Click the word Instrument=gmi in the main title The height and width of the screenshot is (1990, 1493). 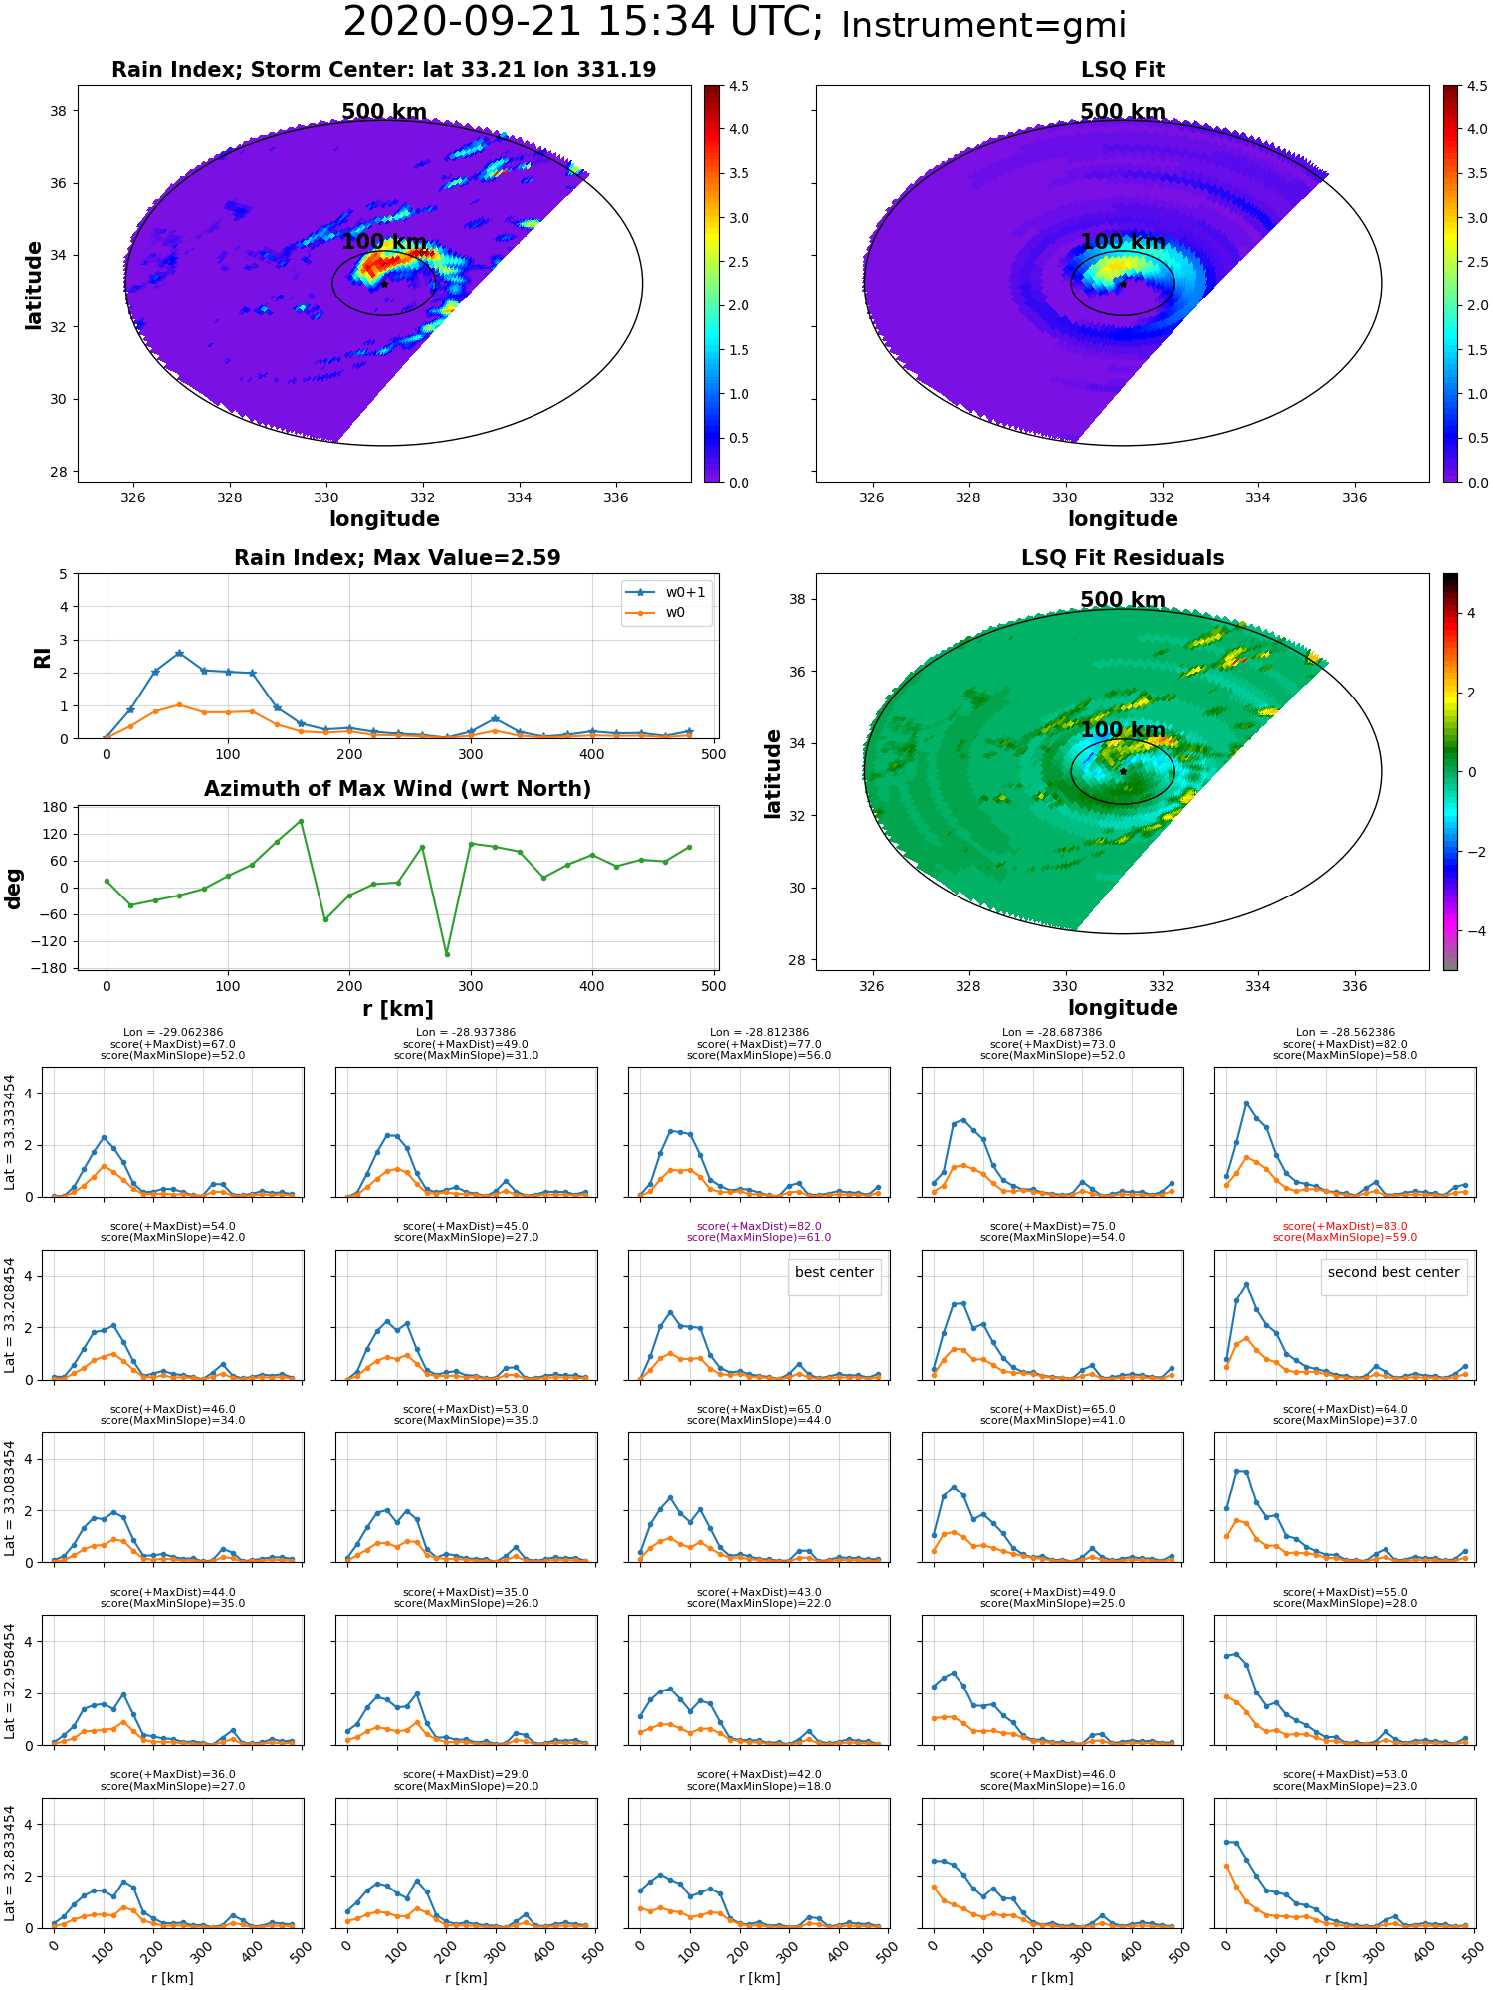pyautogui.click(x=983, y=25)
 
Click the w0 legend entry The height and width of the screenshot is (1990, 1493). pyautogui.click(x=656, y=612)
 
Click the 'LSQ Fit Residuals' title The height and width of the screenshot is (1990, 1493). pyautogui.click(x=1123, y=558)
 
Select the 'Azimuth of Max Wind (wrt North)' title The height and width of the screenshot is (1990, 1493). pyautogui.click(x=397, y=789)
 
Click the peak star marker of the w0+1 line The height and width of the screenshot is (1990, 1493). pyautogui.click(x=179, y=654)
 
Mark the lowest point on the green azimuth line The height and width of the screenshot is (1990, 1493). pyautogui.click(x=447, y=954)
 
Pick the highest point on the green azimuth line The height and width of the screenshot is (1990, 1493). pyautogui.click(x=301, y=821)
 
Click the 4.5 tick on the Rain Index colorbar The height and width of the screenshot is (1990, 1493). pyautogui.click(x=739, y=86)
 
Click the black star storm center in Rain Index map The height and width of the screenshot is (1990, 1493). pyautogui.click(x=384, y=284)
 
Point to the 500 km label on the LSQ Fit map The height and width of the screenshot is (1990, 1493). pyautogui.click(x=1123, y=112)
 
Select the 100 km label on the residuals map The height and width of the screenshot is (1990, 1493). pyautogui.click(x=1123, y=730)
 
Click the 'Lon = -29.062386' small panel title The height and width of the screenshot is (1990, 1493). pyautogui.click(x=173, y=1033)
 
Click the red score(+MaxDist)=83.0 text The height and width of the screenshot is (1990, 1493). pyautogui.click(x=1346, y=1227)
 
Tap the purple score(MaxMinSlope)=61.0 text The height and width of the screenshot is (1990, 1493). pyautogui.click(x=759, y=1238)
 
